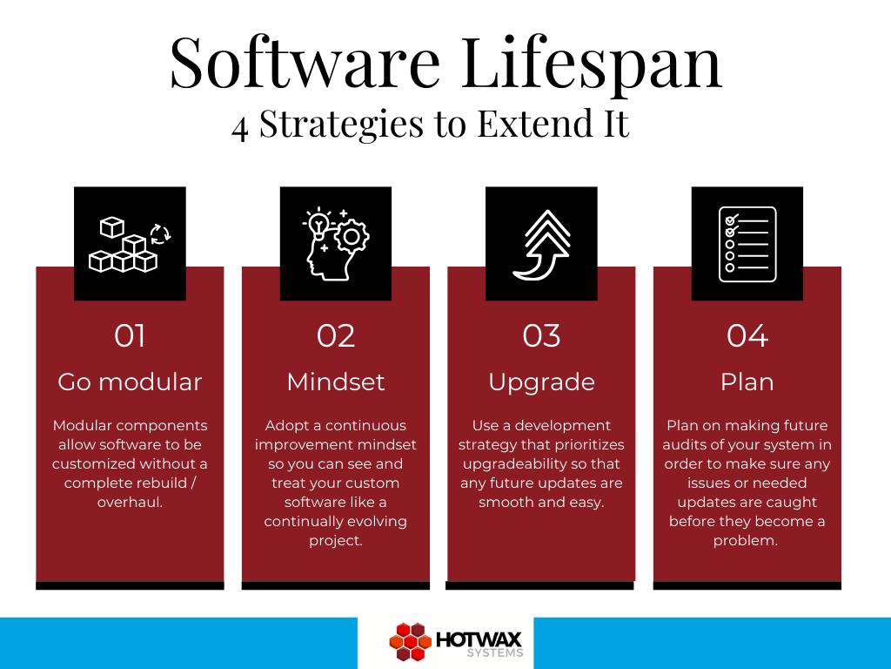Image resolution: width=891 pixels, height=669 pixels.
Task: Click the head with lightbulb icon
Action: pos(335,244)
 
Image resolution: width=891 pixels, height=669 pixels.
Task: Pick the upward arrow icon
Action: pos(541,244)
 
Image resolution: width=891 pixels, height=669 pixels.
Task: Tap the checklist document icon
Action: pos(747,244)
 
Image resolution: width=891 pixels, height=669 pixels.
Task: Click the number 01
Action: pos(130,336)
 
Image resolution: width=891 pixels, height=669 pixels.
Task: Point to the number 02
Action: pos(335,336)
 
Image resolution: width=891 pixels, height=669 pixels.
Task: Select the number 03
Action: pos(541,336)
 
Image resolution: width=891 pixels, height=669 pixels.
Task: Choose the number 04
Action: pos(747,336)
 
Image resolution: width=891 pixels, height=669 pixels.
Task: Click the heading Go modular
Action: pos(130,382)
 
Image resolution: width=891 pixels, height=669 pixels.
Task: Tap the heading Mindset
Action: pos(335,382)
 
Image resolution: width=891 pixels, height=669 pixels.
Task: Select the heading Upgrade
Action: pos(541,382)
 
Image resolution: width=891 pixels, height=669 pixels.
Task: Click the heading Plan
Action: pos(747,382)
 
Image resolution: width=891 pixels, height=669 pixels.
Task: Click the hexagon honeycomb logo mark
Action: pos(409,642)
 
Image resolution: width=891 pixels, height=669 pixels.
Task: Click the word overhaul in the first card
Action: pos(130,503)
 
